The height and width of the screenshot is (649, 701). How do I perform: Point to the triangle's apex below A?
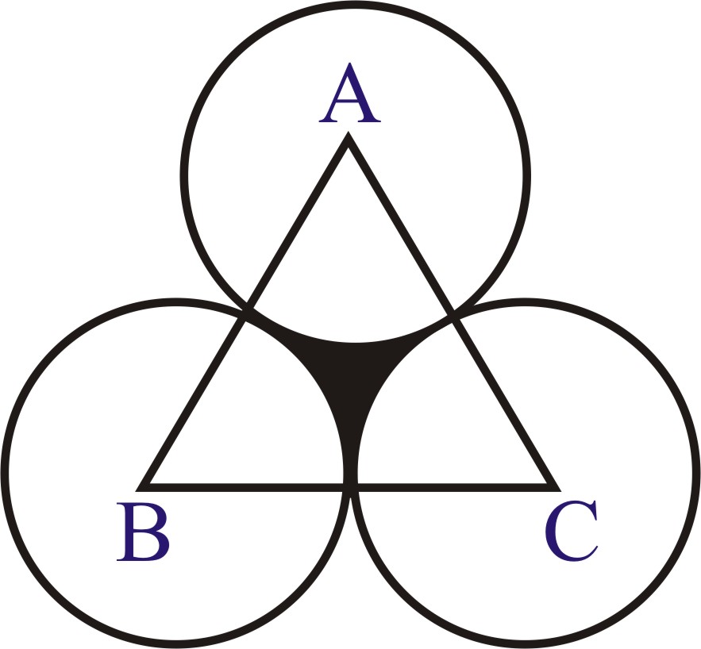(x=349, y=141)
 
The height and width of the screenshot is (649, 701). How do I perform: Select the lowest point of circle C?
(x=524, y=645)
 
